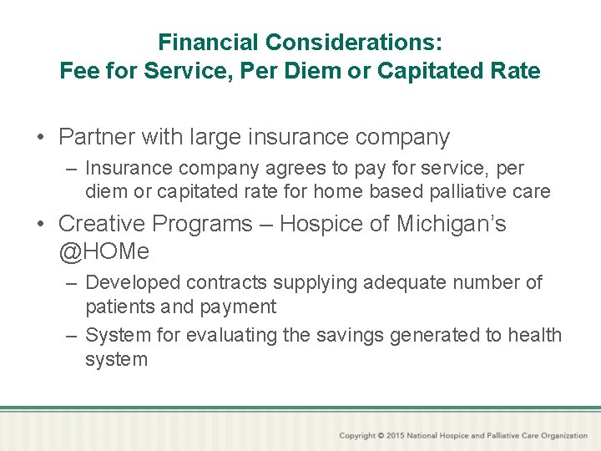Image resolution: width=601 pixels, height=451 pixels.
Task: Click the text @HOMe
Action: pyautogui.click(x=104, y=250)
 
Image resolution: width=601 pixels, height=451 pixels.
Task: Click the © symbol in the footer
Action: pyautogui.click(x=381, y=436)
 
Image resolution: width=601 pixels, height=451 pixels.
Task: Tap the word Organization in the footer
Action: pyautogui.click(x=564, y=436)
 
